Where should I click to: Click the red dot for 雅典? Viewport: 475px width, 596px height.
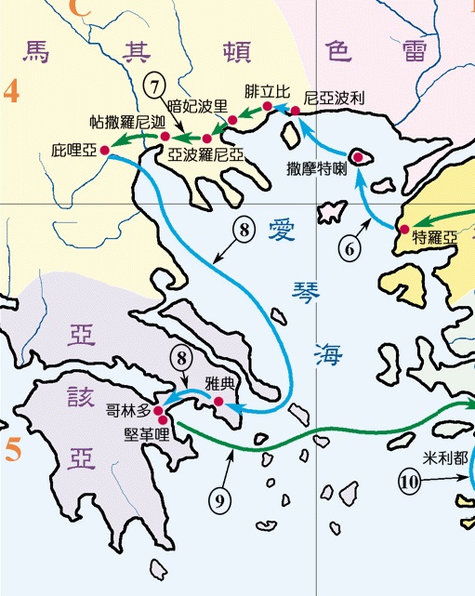click(x=218, y=403)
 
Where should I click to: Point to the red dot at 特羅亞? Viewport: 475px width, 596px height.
click(x=403, y=230)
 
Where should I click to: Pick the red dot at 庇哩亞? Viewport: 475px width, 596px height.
click(x=105, y=150)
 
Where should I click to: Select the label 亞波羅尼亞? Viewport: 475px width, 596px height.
click(x=206, y=156)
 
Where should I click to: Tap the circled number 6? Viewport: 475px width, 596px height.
click(x=349, y=248)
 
